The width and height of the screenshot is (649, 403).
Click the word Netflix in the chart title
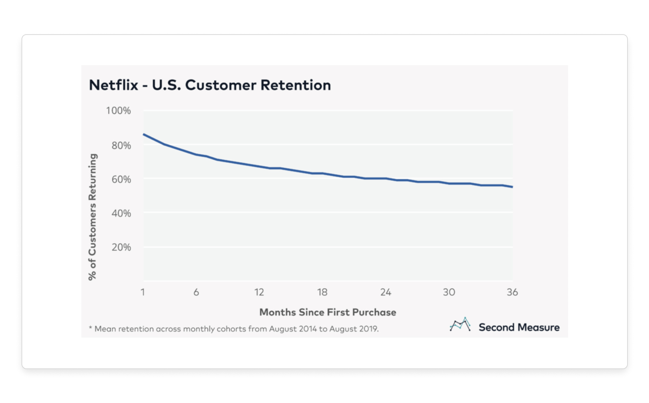[x=113, y=85]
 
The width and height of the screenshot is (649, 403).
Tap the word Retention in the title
[x=296, y=85]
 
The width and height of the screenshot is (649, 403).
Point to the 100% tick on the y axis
[x=119, y=111]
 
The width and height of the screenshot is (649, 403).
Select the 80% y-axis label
[x=121, y=145]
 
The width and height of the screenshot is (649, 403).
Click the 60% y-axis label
[x=121, y=179]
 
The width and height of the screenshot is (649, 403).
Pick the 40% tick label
[x=121, y=213]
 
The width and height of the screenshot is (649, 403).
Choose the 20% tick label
[x=121, y=247]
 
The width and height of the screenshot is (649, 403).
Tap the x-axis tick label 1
[x=143, y=292]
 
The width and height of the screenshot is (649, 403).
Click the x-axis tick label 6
[x=196, y=292]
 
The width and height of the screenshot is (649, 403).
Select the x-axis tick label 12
[x=259, y=292]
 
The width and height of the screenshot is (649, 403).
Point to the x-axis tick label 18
[x=322, y=292]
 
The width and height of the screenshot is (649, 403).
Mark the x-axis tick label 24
[x=386, y=292]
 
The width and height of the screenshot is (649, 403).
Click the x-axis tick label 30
[x=449, y=292]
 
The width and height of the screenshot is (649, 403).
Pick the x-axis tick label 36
[x=512, y=292]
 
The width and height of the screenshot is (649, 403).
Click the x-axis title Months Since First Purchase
[x=328, y=312]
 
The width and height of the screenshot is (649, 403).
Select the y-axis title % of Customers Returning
[x=92, y=217]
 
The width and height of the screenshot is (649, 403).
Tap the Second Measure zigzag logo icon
[x=460, y=324]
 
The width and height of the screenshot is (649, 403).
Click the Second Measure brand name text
[x=519, y=327]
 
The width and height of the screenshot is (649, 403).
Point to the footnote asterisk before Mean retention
[x=91, y=328]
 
